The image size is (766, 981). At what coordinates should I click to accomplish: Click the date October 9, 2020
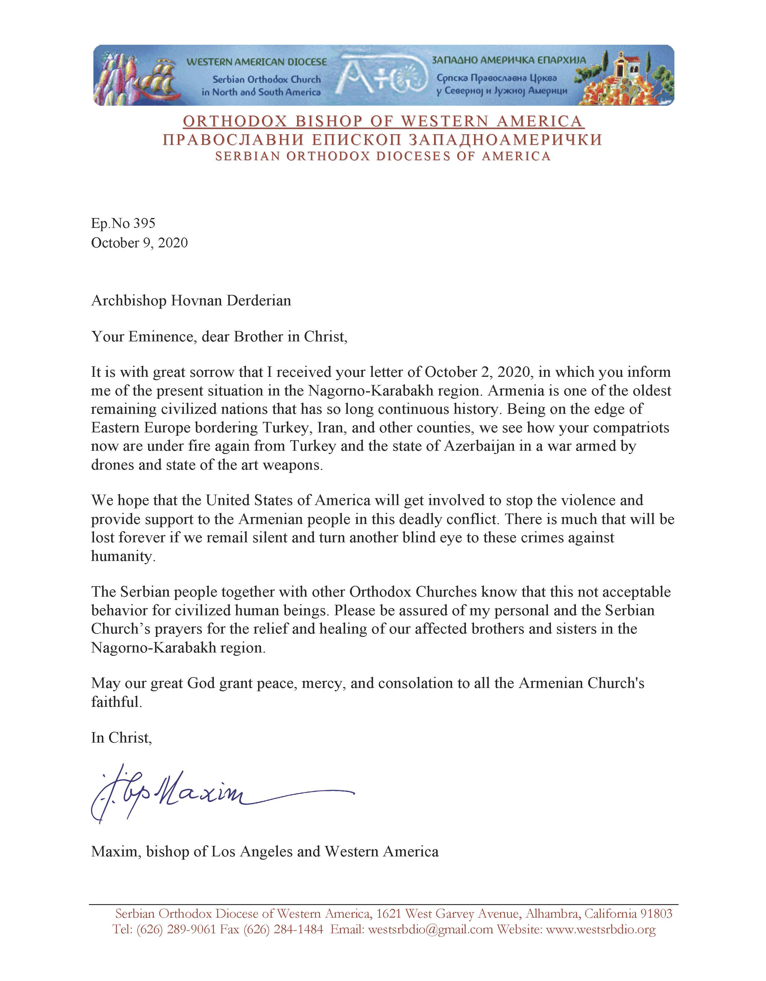tap(139, 243)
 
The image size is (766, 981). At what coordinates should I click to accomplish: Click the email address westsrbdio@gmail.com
tap(430, 929)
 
